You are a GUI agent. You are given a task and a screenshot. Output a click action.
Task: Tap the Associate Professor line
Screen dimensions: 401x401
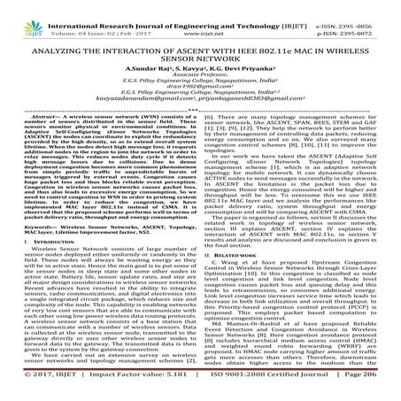click(x=200, y=74)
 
